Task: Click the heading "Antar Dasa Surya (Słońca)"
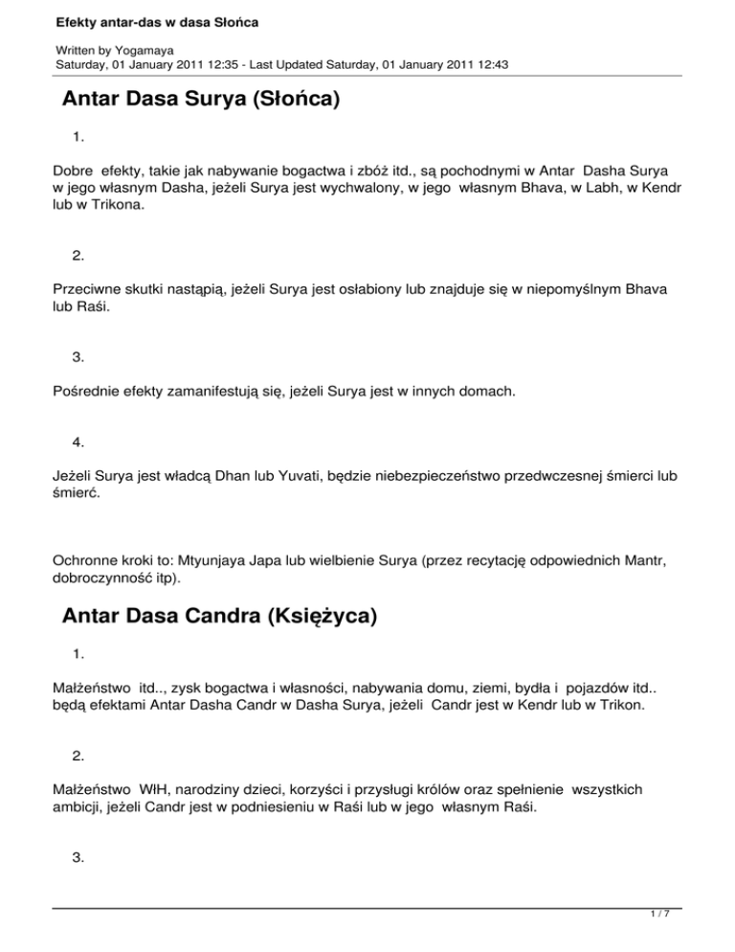[201, 100]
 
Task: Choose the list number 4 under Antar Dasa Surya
[78, 442]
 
